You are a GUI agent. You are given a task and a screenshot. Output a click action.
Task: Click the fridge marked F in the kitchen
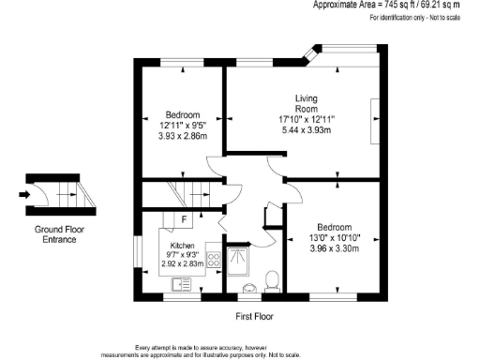pyautogui.click(x=184, y=220)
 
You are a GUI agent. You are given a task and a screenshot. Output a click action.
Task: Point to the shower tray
pyautogui.click(x=240, y=257)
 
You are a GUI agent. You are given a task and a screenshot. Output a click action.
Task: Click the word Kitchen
pyautogui.click(x=183, y=245)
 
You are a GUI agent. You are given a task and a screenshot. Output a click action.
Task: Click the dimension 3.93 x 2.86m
pyautogui.click(x=182, y=136)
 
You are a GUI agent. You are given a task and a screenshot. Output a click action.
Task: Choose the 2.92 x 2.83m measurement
pyautogui.click(x=182, y=264)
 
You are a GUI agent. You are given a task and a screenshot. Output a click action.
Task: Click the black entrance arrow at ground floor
pyautogui.click(x=23, y=195)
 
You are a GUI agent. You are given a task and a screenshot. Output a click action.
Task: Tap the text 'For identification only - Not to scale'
pyautogui.click(x=412, y=18)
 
